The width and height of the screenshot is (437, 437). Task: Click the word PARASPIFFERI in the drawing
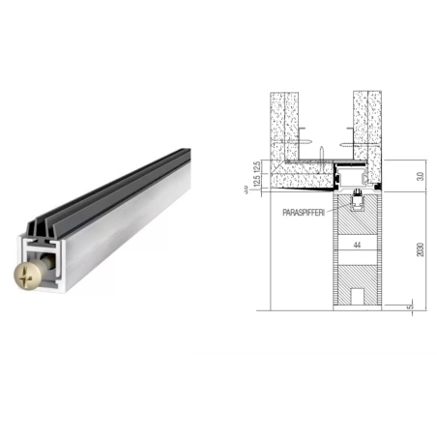click(x=306, y=210)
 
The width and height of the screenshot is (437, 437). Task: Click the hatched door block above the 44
click(x=358, y=222)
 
